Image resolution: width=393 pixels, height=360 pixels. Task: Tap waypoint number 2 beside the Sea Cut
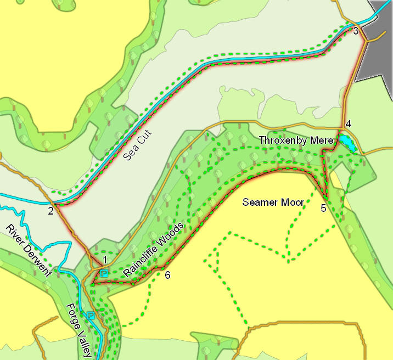51,211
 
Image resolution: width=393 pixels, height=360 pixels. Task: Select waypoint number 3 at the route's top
356,31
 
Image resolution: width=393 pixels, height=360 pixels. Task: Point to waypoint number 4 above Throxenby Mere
347,122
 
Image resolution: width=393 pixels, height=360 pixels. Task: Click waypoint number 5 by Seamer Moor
323,208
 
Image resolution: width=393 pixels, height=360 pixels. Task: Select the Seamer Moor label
273,202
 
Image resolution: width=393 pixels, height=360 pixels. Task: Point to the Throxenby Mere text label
296,140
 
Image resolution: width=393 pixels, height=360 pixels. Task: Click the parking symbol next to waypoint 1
104,273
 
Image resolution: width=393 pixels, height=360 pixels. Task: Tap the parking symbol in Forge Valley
91,316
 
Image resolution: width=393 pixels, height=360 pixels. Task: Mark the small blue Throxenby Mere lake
346,143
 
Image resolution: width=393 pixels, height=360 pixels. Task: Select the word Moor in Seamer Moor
293,202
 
